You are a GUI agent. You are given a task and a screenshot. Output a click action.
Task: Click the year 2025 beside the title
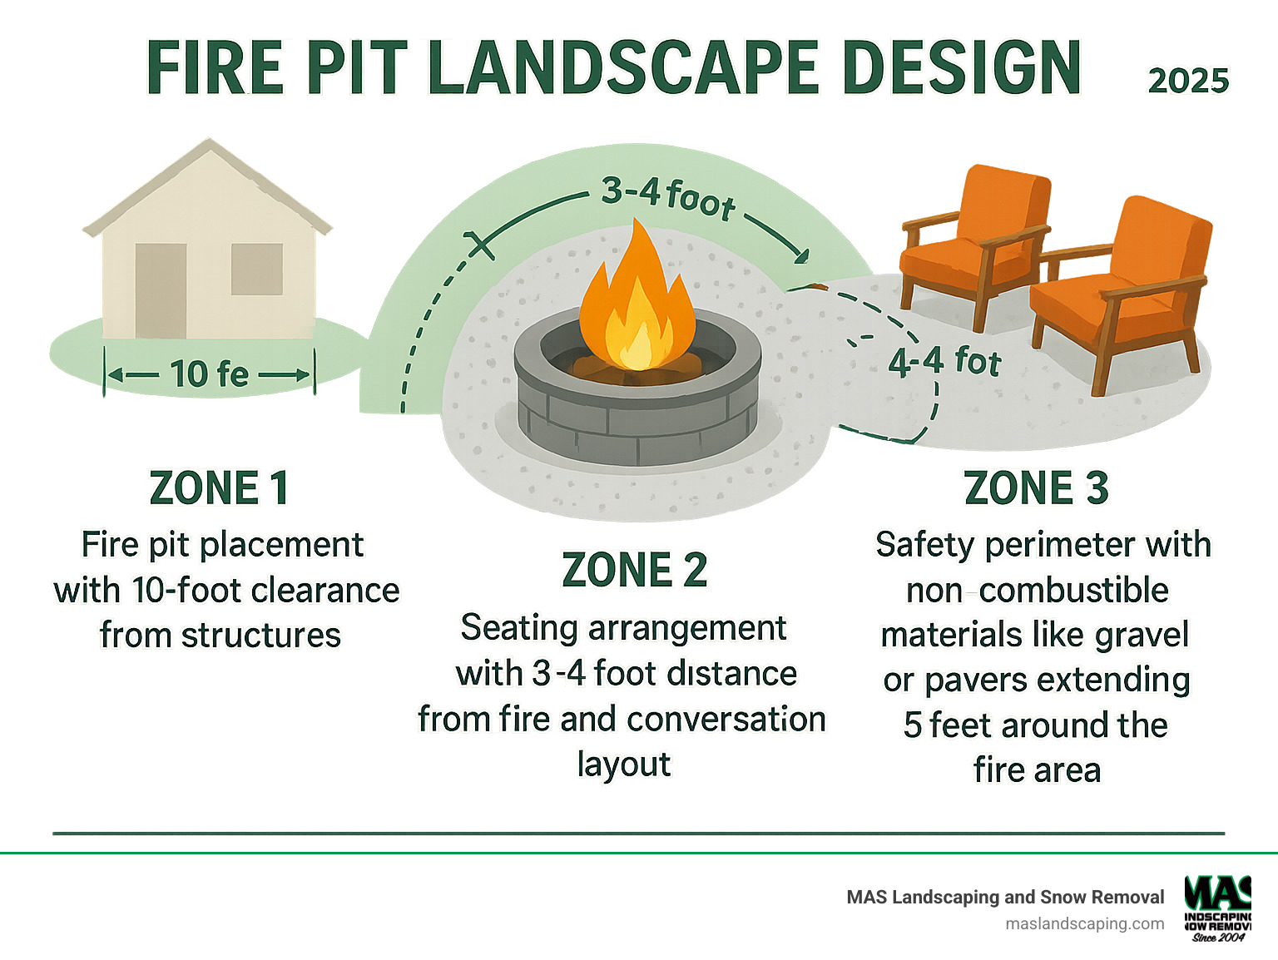[1188, 81]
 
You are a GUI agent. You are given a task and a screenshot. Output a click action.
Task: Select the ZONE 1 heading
[219, 487]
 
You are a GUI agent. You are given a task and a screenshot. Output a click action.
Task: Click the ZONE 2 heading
[634, 570]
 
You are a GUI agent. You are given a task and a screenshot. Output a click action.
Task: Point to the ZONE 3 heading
[1036, 487]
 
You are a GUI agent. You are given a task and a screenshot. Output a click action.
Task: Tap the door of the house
[161, 290]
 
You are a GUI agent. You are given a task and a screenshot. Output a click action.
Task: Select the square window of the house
[256, 269]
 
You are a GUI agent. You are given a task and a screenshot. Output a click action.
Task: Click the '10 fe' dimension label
[209, 374]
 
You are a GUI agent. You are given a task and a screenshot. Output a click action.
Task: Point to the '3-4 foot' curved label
[668, 198]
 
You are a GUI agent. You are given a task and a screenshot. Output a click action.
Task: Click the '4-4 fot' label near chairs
[944, 362]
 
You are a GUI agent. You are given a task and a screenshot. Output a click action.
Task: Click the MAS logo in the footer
[1218, 908]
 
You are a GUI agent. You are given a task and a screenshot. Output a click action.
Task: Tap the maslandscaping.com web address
[1084, 923]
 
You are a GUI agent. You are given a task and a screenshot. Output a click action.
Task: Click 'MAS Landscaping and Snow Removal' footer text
[1005, 897]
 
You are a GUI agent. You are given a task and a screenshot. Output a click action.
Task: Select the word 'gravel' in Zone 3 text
[1142, 636]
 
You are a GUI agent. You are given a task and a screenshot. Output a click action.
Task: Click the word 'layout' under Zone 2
[623, 765]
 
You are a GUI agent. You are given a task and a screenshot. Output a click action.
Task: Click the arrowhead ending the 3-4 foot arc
[801, 255]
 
